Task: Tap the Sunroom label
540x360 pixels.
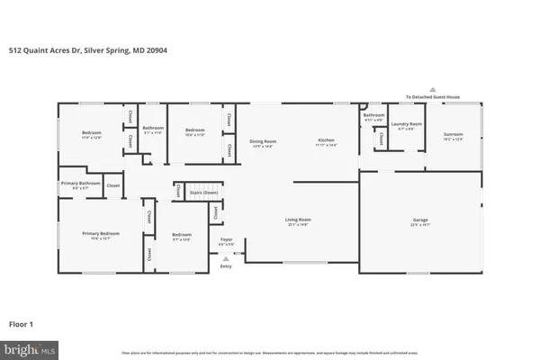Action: click(x=453, y=135)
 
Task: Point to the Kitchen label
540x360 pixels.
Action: click(x=326, y=141)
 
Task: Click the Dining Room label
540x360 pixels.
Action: click(x=263, y=141)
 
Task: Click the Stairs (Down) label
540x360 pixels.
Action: click(x=203, y=192)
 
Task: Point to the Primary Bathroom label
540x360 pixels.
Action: click(x=80, y=184)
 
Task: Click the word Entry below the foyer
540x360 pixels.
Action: click(x=226, y=266)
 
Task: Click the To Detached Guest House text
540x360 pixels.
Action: click(x=432, y=96)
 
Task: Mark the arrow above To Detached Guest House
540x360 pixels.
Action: click(x=432, y=89)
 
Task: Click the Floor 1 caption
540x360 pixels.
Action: click(x=22, y=321)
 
